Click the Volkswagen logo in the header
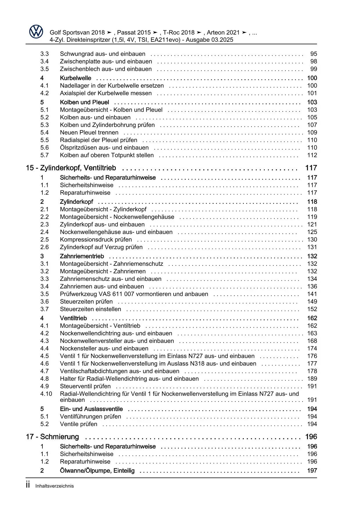pos(36,31)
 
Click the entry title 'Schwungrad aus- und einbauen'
pos(102,54)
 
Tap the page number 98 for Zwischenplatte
pos(314,62)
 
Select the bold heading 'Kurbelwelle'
pos(75,78)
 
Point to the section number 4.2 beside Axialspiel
pos(44,93)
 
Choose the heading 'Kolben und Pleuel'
pos(84,102)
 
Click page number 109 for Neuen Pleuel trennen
pos(312,133)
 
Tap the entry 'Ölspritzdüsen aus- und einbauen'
pos(104,148)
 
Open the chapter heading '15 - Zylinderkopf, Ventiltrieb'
pos(71,168)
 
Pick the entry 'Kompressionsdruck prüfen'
pos(96,240)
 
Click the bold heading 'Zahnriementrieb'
pos(82,256)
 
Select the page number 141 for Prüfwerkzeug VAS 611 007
pos(312,294)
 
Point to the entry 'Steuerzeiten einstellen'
pos(90,309)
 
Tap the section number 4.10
pos(46,394)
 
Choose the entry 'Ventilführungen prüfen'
pos(90,417)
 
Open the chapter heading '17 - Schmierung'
pos(52,437)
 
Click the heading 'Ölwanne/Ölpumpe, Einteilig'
pos(97,471)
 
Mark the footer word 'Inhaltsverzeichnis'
pos(55,486)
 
